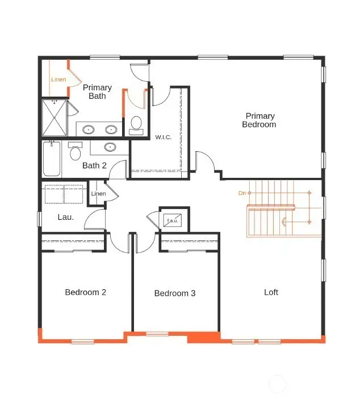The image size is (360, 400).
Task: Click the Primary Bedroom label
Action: [259, 120]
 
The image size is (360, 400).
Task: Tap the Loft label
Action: [271, 292]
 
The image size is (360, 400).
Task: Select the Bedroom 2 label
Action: [85, 292]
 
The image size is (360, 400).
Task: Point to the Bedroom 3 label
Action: [175, 293]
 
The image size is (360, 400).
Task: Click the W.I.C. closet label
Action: [164, 137]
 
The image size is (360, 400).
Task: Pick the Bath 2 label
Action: [94, 165]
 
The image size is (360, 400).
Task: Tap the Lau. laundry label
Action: [66, 216]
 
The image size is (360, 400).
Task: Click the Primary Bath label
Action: [97, 91]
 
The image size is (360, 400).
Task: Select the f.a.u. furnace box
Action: [171, 220]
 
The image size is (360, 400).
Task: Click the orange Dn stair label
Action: [242, 193]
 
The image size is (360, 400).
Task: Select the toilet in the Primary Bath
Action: [136, 124]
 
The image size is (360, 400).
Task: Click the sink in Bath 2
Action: [110, 147]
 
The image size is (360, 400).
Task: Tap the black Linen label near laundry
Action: [98, 194]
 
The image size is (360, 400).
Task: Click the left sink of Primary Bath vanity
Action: [89, 130]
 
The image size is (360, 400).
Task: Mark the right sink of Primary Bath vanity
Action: [111, 130]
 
